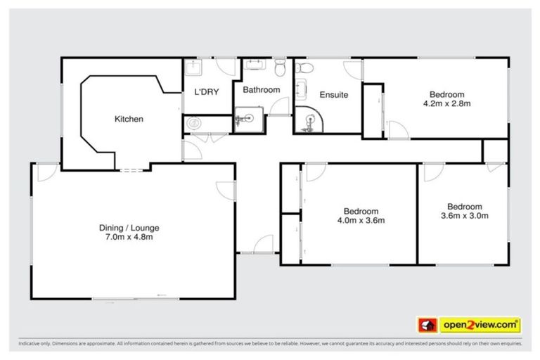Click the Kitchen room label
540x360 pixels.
[x=129, y=119]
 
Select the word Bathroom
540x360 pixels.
[x=262, y=90]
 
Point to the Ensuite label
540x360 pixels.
[x=333, y=95]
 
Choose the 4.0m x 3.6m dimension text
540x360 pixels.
[x=361, y=220]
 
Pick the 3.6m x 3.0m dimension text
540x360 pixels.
[x=464, y=215]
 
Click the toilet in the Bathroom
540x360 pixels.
[x=280, y=67]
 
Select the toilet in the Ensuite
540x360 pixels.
[x=303, y=68]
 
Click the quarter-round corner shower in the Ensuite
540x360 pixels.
[x=306, y=121]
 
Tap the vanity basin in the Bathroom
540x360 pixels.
[x=254, y=67]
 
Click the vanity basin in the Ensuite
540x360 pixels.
[x=302, y=90]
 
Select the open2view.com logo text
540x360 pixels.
[x=480, y=325]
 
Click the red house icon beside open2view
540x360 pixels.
[x=426, y=325]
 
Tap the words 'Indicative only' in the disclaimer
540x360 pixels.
[x=35, y=344]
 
